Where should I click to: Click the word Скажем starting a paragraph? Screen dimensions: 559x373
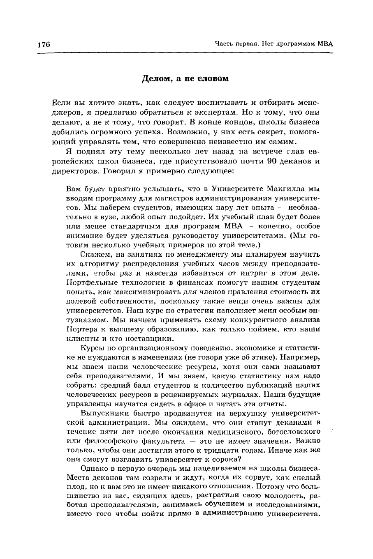(x=94, y=255)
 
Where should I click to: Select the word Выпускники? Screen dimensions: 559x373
(x=103, y=413)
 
